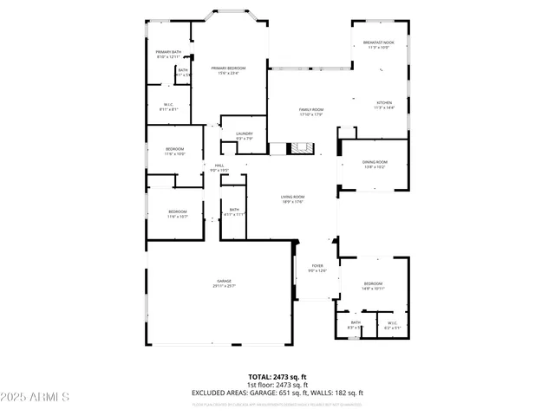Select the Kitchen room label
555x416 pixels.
[x=384, y=105]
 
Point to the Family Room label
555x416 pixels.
[x=310, y=112]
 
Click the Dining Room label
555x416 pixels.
[x=375, y=164]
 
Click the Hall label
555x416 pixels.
[x=219, y=167]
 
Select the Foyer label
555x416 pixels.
[x=317, y=268]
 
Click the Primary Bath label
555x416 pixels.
[x=168, y=55]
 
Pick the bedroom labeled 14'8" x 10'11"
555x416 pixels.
[x=373, y=286]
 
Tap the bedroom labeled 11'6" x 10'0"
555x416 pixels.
[x=174, y=151]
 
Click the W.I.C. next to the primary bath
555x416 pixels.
[x=169, y=107]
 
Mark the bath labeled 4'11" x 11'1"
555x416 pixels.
[x=234, y=211]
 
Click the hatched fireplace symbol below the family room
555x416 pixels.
[x=300, y=149]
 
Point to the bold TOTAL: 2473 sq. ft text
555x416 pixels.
[x=277, y=377]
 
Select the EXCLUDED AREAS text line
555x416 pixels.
[x=277, y=393]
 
